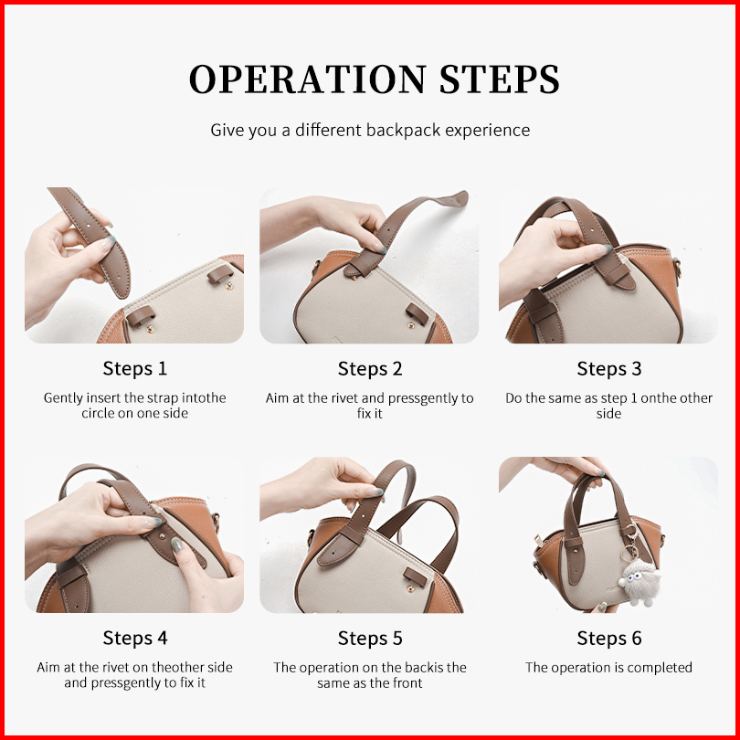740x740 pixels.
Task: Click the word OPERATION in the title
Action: click(x=308, y=79)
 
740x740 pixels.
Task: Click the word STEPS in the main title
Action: click(x=500, y=79)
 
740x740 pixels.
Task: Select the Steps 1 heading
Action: click(x=135, y=368)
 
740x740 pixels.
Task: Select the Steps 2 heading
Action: click(x=370, y=368)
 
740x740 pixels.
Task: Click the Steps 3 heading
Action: click(x=609, y=368)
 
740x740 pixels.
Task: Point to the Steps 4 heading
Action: click(x=135, y=638)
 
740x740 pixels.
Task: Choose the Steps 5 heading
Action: click(x=370, y=638)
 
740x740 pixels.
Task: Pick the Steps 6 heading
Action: click(x=609, y=638)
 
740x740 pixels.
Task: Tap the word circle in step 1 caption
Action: click(x=97, y=414)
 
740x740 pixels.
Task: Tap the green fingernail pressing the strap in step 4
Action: click(x=176, y=544)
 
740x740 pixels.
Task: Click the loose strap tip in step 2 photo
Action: click(x=457, y=198)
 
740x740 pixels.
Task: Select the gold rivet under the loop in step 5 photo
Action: click(x=411, y=588)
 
